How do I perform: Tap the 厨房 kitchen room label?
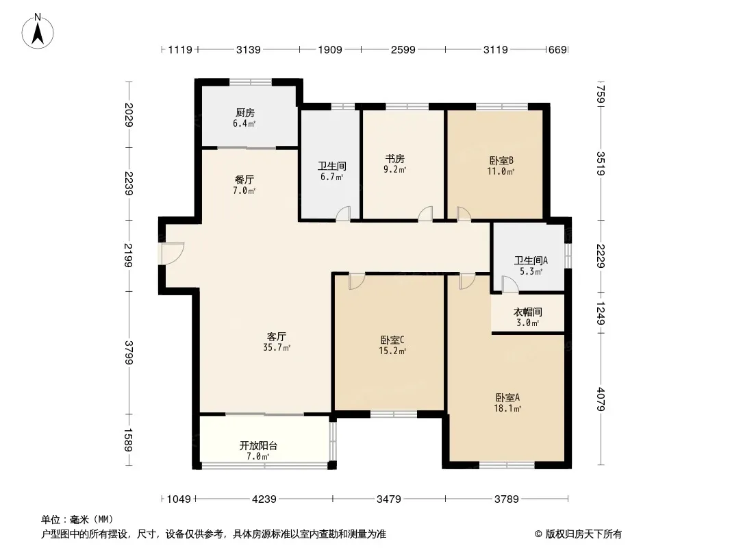245,112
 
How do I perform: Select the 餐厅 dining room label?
244,179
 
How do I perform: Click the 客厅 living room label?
277,336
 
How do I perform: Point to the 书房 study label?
395,159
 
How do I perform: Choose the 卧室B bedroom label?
501,160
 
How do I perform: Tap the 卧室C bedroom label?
392,340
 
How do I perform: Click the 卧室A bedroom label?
507,397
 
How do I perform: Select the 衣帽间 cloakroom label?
527,312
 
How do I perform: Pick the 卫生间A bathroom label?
531,260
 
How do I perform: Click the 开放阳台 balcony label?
258,445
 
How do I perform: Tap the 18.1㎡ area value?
507,409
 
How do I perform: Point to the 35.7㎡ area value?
277,347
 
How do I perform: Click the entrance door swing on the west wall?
173,253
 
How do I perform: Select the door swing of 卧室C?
357,282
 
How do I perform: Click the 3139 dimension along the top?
248,49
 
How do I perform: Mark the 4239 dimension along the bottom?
264,499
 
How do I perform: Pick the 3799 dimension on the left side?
129,353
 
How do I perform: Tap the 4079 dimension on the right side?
601,399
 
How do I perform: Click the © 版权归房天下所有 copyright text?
578,534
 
